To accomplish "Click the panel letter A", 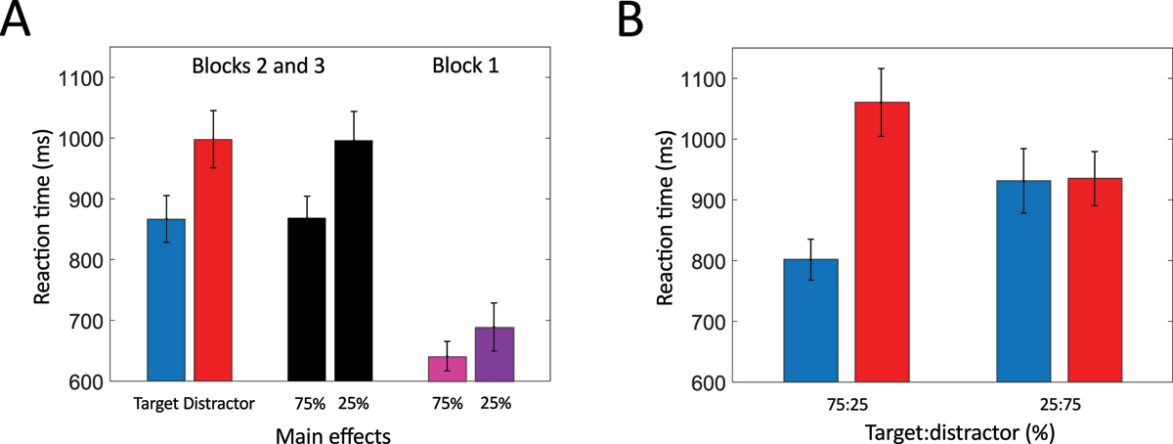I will pyautogui.click(x=19, y=20).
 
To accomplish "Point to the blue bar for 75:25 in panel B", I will pyautogui.click(x=810, y=320).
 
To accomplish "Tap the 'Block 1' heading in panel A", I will pyautogui.click(x=462, y=68).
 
